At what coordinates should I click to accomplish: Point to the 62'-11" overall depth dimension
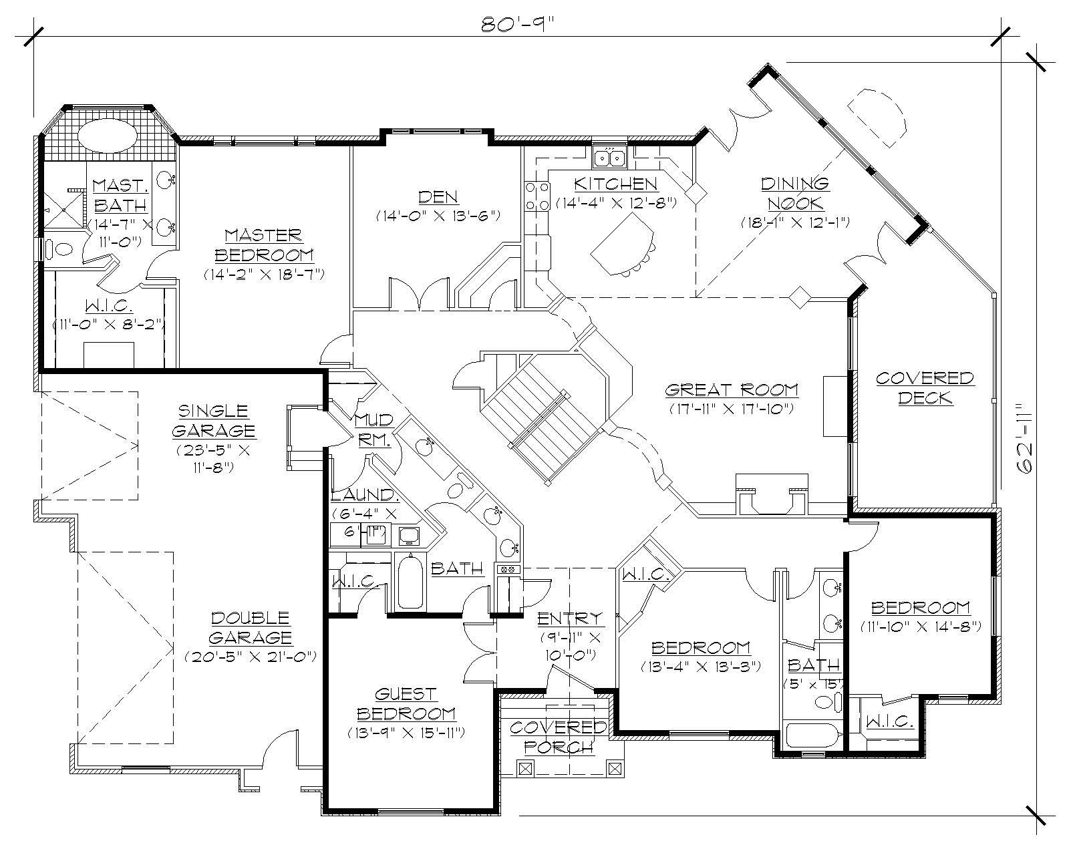pos(1026,438)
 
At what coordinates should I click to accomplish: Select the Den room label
pos(438,196)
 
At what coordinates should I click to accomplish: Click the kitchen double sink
pos(609,158)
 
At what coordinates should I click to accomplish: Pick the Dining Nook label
pos(794,193)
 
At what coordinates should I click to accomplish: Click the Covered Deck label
pos(925,388)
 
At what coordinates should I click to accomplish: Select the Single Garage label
pos(213,420)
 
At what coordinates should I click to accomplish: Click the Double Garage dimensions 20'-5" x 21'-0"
pos(250,657)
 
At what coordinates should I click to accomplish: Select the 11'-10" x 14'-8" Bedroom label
pos(921,607)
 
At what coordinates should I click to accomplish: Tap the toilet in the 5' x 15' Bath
pos(826,702)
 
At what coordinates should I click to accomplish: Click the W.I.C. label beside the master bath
pos(108,306)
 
